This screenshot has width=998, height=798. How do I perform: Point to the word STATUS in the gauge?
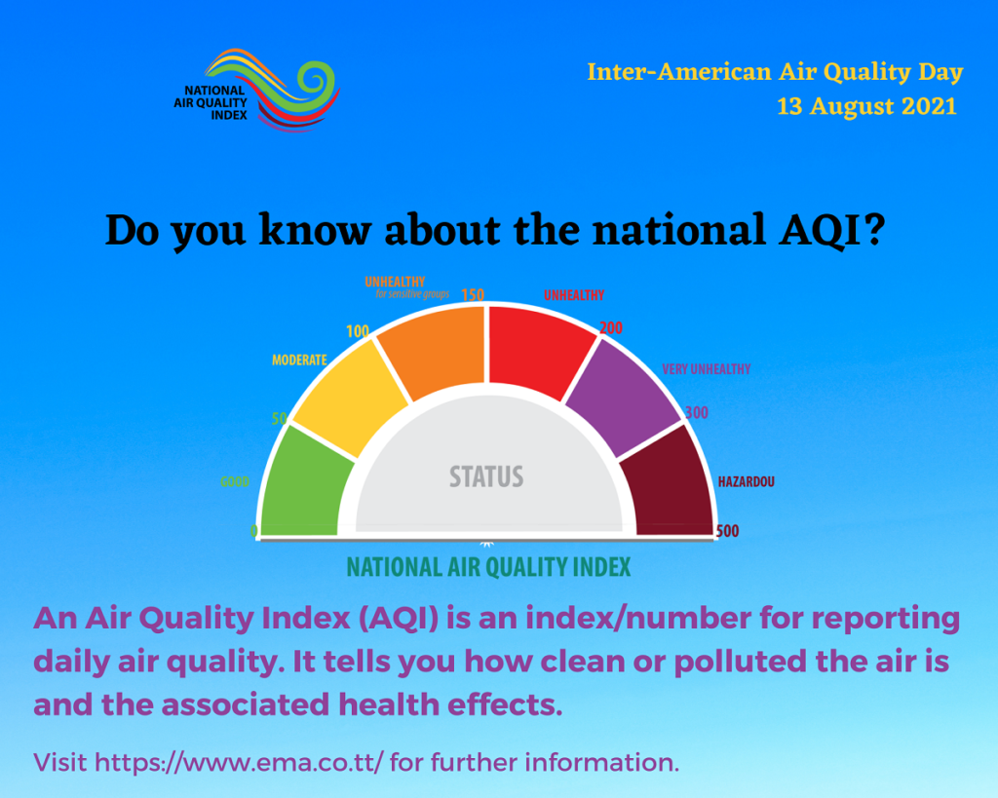487,476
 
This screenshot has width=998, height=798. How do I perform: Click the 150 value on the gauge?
473,294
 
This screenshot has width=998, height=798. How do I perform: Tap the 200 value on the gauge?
611,327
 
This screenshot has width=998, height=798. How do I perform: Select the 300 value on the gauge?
697,412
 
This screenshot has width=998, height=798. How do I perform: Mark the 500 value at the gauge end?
727,531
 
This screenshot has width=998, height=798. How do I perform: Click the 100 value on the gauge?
358,331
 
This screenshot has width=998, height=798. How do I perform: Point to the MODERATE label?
299,361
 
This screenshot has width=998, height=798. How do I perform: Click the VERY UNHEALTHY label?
707,369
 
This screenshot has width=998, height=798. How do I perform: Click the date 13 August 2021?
866,106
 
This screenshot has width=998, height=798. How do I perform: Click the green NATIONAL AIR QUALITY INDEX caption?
489,567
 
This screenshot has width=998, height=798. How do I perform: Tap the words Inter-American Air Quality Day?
775,72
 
